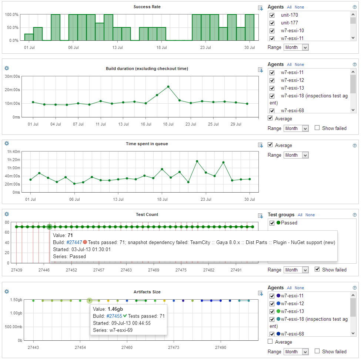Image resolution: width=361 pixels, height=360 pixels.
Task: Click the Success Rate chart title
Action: pos(147,7)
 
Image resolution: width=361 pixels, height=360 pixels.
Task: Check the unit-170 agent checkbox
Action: pos(272,15)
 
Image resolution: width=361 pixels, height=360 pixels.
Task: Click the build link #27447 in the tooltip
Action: pos(74,242)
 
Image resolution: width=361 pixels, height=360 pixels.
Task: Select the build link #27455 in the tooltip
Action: pos(114,316)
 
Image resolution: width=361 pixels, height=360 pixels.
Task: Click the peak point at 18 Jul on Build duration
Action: pos(168,87)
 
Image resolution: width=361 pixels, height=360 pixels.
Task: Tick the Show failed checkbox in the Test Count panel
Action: pos(317,269)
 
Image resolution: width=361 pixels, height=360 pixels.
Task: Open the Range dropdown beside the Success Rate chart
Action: pos(296,47)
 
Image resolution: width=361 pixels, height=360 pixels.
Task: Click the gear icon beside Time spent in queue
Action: pos(7,143)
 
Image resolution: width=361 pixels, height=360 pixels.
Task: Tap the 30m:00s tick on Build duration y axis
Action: pos(12,77)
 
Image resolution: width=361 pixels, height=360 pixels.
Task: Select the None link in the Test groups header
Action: pos(310,215)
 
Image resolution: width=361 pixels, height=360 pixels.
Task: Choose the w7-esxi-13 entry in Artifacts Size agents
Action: pos(292,311)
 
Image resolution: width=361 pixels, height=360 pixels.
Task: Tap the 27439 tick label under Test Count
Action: pos(17,270)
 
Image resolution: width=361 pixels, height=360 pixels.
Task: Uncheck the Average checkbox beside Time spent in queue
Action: pos(271,145)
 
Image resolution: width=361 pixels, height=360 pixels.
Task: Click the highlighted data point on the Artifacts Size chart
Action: pos(89,301)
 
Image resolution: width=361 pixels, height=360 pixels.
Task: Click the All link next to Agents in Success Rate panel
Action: pos(289,7)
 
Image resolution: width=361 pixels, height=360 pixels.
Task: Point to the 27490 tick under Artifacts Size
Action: pos(220,347)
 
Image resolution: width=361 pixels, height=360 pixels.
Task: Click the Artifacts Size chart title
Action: pos(147,292)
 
